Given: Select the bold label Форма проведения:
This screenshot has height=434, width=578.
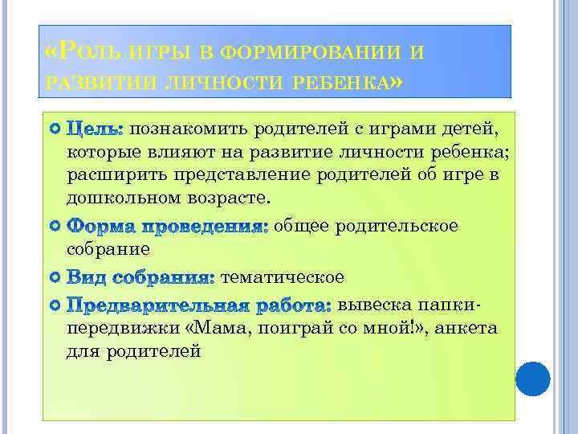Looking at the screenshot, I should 167,227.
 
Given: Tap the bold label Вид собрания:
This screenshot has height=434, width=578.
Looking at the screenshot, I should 140,278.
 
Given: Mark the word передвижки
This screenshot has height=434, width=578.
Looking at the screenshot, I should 125,329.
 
